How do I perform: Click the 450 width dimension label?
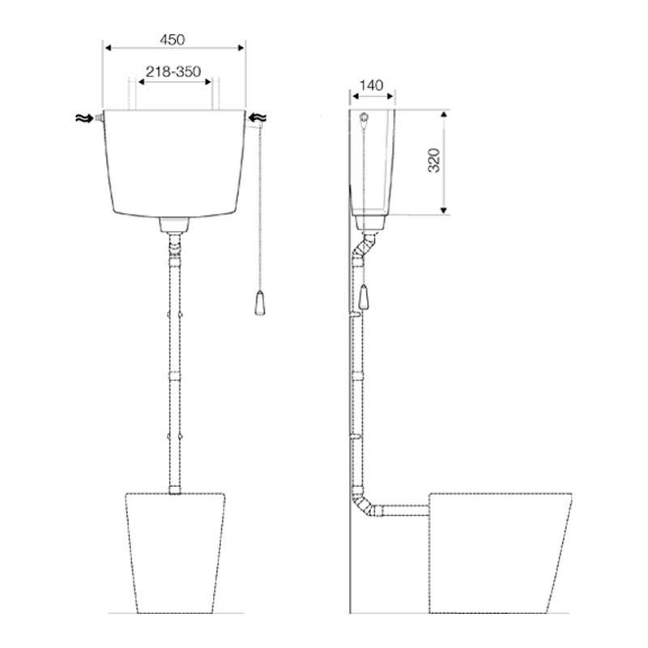coord(173,40)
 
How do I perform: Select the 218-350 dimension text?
coord(173,71)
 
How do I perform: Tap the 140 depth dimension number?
coord(371,86)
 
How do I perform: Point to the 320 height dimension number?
coord(434,160)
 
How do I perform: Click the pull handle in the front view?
coord(260,303)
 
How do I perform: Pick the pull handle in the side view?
coord(364,296)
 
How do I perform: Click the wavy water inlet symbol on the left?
coord(84,118)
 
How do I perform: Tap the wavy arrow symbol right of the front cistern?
coord(258,117)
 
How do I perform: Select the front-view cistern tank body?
coord(174,164)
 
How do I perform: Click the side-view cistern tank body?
coord(372,162)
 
